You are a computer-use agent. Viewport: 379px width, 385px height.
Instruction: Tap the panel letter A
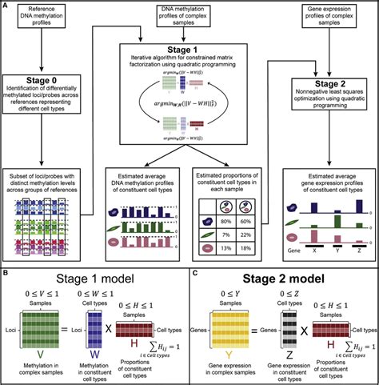[6, 6]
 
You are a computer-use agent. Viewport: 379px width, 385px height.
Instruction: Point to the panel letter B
[6, 275]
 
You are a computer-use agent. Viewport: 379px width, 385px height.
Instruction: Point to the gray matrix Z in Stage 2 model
[283, 336]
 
